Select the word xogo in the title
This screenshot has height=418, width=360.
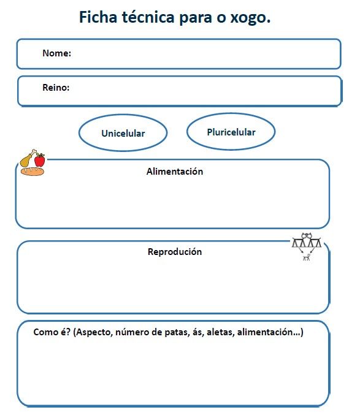[x=251, y=18]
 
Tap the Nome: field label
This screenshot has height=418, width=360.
[x=56, y=53]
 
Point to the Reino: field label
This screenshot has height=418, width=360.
[x=56, y=88]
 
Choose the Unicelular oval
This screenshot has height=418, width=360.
[x=123, y=133]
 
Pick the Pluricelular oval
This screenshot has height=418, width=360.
[x=231, y=132]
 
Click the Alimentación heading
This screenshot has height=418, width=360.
[x=174, y=172]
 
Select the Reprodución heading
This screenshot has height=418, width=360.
[x=174, y=251]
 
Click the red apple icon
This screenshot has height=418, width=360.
[x=40, y=160]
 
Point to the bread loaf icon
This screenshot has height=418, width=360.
[x=32, y=171]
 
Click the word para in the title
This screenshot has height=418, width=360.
[x=197, y=18]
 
